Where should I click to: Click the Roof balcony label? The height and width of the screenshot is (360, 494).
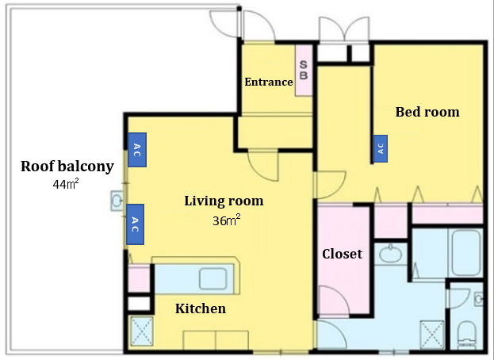[67, 167]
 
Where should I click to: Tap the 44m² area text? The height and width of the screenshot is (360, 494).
[64, 185]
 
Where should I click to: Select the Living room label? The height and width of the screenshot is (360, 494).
[224, 201]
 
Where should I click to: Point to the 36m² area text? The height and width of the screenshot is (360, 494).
[226, 220]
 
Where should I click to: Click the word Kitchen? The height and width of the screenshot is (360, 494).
[200, 308]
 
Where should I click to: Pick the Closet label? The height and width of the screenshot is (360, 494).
[342, 254]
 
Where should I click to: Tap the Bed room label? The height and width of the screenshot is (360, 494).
[427, 112]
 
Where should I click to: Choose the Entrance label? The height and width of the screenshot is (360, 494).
[268, 82]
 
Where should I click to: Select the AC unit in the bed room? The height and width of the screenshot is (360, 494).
[380, 147]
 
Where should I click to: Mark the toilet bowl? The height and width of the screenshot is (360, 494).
[467, 331]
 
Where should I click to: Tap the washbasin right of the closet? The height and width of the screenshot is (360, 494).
[389, 254]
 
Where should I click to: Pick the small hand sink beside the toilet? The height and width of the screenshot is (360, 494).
[479, 300]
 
